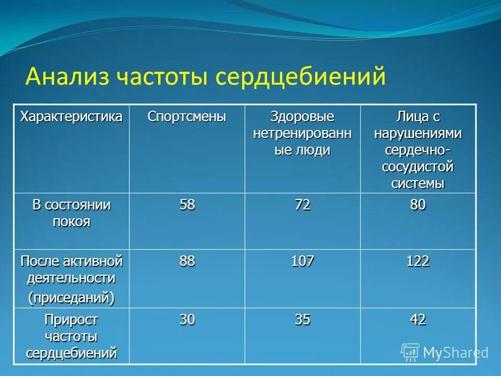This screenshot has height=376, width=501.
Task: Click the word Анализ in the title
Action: click(68, 77)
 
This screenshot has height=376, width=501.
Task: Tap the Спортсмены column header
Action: click(187, 116)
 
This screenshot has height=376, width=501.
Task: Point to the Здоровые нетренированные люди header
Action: click(302, 133)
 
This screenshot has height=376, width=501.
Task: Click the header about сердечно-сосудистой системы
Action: click(417, 150)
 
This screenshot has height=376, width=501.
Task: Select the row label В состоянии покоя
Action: click(71, 213)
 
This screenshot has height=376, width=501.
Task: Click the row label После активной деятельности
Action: click(71, 269)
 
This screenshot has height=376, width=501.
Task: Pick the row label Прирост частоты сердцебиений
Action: click(71, 336)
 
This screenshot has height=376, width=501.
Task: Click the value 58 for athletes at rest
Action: click(187, 205)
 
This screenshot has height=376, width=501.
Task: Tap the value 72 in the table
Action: click(302, 205)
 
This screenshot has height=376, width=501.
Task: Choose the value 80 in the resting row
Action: click(417, 205)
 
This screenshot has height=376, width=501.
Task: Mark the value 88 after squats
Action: click(187, 261)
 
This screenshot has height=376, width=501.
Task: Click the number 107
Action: click(302, 261)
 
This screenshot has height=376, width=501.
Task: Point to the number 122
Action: click(417, 261)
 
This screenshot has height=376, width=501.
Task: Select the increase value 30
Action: click(187, 320)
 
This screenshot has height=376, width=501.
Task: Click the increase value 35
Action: click(302, 320)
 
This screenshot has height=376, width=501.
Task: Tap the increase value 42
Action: click(417, 320)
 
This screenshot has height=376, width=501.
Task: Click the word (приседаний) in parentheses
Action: click(71, 297)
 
